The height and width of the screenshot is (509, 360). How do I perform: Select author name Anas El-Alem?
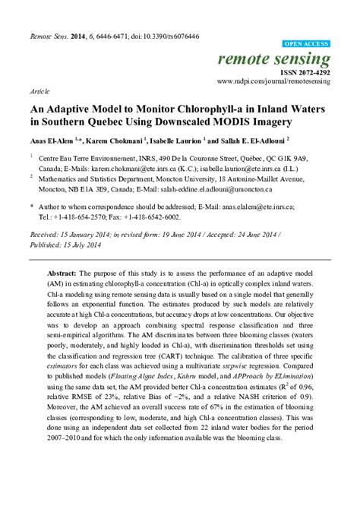52,140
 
